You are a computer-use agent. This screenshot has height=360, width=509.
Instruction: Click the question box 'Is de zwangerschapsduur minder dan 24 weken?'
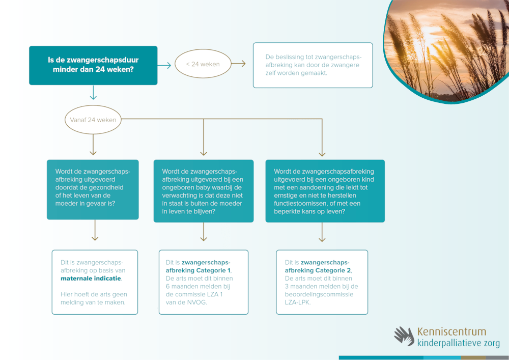[93, 65]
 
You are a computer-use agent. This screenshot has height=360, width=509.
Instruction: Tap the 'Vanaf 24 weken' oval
[93, 120]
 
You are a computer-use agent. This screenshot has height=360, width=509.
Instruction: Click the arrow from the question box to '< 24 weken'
[164, 65]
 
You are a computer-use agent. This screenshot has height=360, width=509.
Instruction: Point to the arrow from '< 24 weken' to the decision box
[239, 64]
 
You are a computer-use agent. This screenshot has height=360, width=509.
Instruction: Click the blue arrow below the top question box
[93, 92]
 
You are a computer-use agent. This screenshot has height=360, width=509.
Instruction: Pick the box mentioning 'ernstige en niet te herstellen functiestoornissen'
[325, 191]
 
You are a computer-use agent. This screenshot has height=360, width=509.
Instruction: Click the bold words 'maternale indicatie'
[91, 279]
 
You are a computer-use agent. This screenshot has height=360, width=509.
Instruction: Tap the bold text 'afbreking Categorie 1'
[202, 270]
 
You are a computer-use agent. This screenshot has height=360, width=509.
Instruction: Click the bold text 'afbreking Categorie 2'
[318, 270]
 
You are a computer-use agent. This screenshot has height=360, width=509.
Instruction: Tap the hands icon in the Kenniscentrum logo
[404, 336]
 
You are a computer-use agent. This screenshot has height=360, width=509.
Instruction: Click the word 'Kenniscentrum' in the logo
[451, 331]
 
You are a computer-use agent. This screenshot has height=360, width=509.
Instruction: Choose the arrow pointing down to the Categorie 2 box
[322, 235]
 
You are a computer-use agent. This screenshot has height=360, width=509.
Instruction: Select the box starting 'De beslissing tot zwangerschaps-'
[313, 65]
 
